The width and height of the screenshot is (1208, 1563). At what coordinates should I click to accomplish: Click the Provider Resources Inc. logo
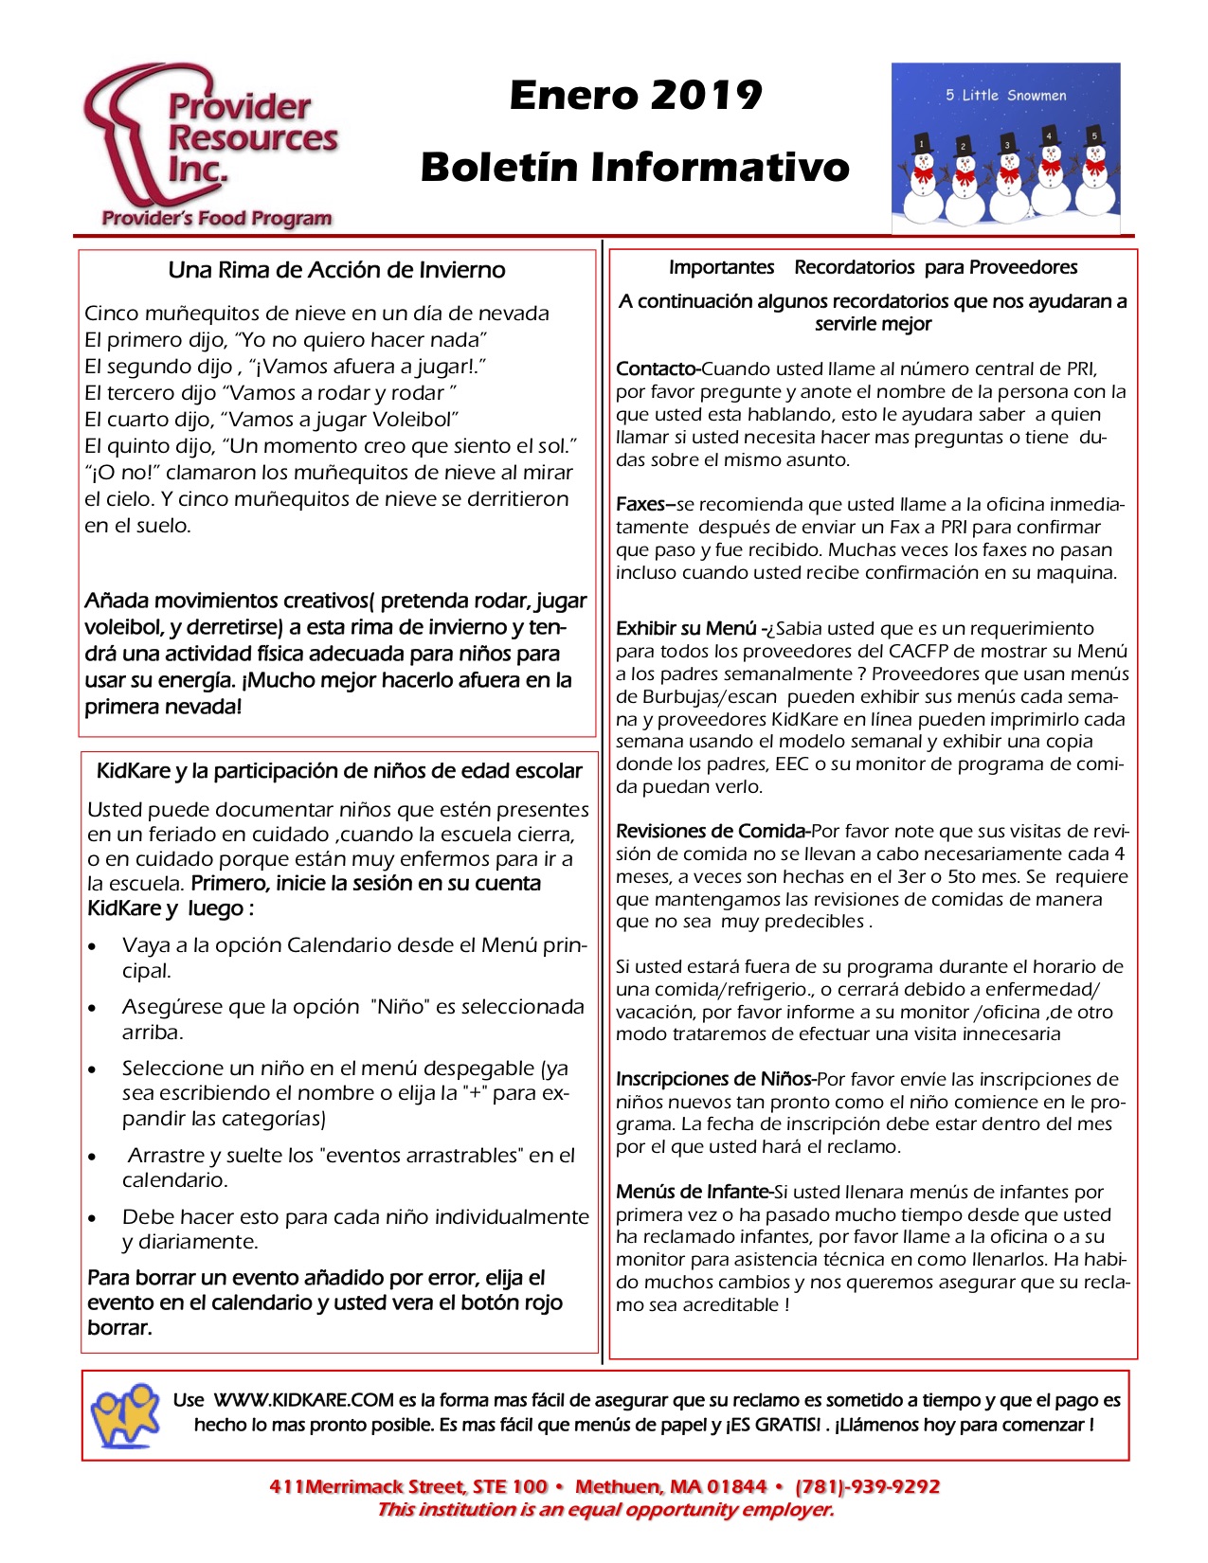(210, 147)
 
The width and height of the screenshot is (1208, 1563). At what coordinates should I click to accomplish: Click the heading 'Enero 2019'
(636, 95)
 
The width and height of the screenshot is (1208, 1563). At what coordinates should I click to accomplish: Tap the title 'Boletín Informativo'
(635, 167)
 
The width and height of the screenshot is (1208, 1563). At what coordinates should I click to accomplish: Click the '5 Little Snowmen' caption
(1005, 95)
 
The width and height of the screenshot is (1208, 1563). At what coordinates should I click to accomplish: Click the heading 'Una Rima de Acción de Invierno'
(336, 270)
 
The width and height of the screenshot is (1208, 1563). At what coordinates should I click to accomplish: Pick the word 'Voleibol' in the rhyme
(414, 420)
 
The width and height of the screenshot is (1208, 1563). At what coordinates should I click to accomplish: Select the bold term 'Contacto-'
(658, 369)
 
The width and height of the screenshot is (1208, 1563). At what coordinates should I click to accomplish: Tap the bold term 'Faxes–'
(645, 505)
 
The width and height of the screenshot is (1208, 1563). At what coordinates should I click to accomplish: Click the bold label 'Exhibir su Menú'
(687, 629)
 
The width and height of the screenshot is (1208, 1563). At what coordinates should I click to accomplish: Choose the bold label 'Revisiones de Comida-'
(712, 832)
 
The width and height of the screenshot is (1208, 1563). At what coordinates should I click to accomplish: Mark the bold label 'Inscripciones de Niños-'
(715, 1080)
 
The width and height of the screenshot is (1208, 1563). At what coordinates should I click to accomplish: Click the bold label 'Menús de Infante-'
(694, 1193)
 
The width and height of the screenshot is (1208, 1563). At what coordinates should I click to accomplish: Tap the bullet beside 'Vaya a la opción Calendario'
(92, 946)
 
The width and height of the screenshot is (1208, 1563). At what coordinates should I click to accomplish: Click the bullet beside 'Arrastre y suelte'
(92, 1157)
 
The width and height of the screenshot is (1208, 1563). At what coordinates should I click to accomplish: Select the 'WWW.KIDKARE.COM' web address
(303, 1401)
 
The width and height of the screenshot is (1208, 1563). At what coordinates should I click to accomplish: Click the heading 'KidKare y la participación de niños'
(339, 771)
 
